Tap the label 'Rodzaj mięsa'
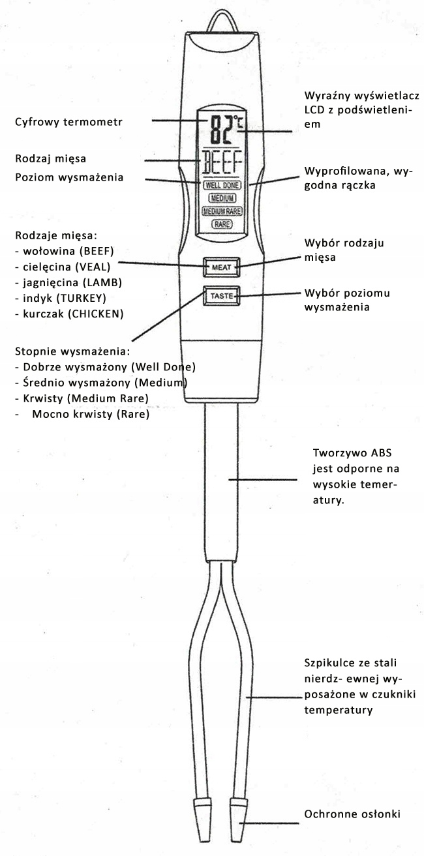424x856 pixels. (x=51, y=158)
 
